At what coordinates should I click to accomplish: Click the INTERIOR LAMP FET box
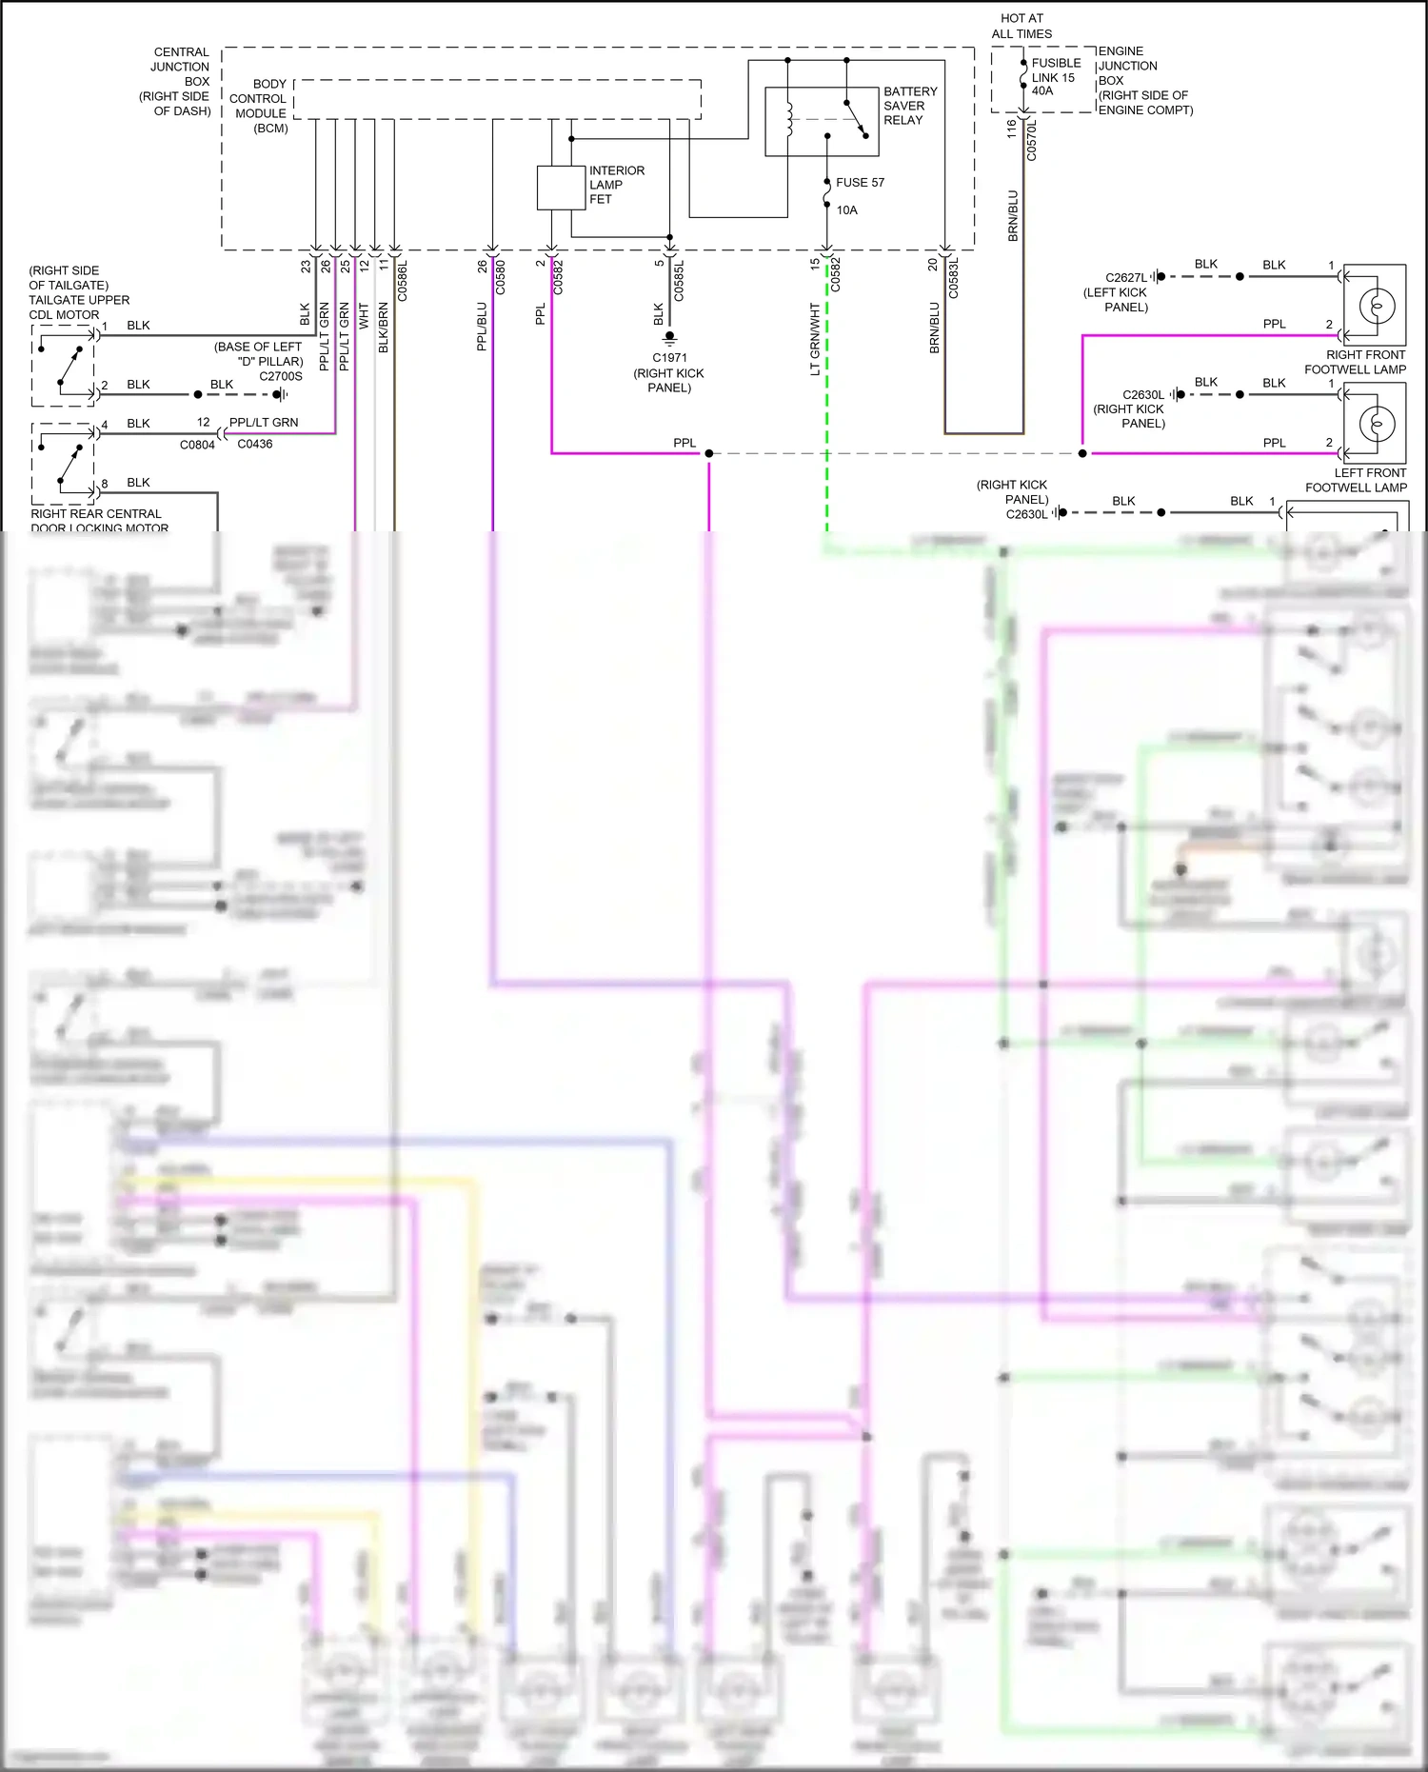tap(561, 188)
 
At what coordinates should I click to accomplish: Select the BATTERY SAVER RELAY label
tap(909, 106)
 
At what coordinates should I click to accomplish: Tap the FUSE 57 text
tap(860, 183)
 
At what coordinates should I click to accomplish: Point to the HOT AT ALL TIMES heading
tap(1021, 26)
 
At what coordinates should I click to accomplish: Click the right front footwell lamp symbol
tap(1375, 305)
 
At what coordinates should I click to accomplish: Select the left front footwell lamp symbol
tap(1375, 423)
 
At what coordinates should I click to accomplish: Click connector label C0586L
tap(402, 281)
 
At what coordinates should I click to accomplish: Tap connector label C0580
tap(501, 278)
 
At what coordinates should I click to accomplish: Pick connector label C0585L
tap(679, 281)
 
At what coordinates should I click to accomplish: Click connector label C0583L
tap(954, 279)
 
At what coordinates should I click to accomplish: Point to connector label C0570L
tap(1031, 139)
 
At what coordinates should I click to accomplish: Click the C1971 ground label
tap(669, 358)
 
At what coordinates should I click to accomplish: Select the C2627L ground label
tap(1125, 278)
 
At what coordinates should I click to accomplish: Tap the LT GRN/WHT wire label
tap(815, 339)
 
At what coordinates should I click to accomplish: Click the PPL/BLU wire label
tap(482, 327)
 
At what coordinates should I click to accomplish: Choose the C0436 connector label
tap(255, 444)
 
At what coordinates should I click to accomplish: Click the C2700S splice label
tap(281, 376)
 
